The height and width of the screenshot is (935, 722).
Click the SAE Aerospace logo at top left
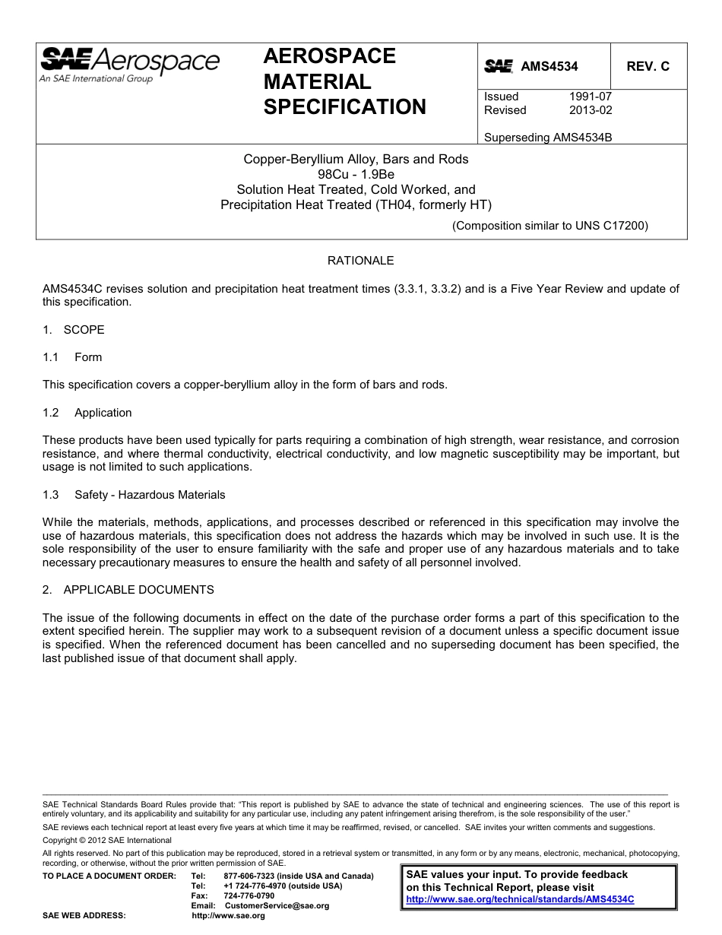point(129,64)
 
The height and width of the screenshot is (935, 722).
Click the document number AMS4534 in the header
point(549,66)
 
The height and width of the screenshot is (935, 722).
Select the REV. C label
point(648,66)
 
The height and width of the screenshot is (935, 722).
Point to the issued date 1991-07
point(590,97)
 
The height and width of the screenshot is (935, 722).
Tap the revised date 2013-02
point(590,110)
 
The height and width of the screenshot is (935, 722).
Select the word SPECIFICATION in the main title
point(344,107)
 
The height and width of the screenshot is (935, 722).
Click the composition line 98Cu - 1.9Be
point(356,174)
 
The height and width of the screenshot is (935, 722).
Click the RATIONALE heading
point(360,261)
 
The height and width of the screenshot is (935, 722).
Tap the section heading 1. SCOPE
point(74,330)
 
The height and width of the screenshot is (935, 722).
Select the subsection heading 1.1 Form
point(72,357)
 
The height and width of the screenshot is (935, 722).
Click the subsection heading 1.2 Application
point(87,413)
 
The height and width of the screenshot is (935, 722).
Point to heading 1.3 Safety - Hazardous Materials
point(134,495)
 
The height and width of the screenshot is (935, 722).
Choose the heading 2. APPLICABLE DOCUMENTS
point(128,590)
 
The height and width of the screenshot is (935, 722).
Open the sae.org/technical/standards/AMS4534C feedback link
point(520,899)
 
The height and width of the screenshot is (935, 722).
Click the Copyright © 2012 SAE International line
point(107,840)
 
